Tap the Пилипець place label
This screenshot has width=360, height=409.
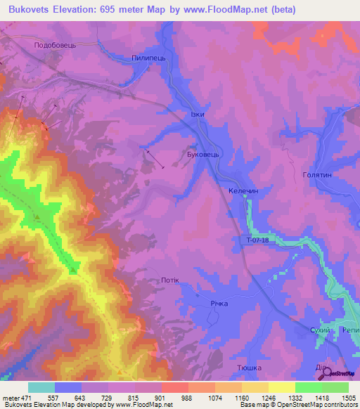(148, 59)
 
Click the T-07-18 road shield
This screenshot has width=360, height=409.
(258, 240)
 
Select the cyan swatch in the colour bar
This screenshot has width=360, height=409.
(41, 387)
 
